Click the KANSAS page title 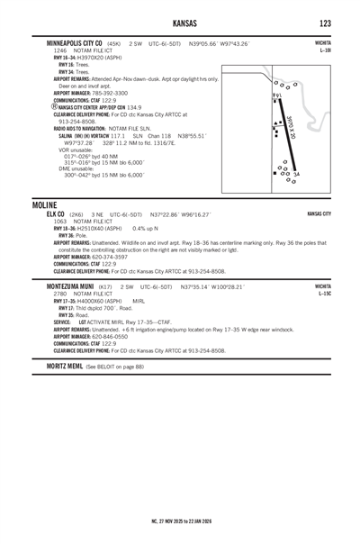179,22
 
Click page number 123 325,22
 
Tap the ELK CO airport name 56,215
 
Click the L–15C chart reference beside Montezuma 323,292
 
